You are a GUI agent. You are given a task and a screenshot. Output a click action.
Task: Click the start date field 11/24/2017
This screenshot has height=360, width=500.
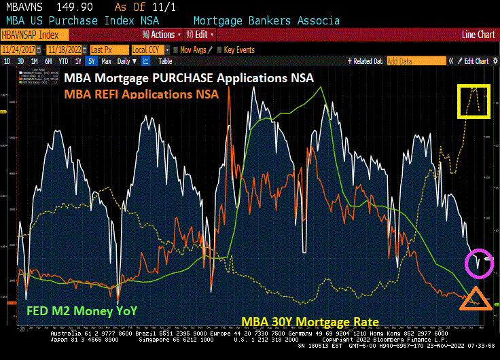[x=18, y=50]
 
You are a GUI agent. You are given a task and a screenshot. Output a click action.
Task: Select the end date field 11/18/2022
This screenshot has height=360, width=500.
[x=65, y=50]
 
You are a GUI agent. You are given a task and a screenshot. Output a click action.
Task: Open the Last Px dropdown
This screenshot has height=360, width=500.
[x=108, y=50]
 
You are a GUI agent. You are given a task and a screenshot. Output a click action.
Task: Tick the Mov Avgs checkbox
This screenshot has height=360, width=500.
[x=175, y=50]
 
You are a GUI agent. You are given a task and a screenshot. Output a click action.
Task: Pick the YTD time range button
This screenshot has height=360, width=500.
[x=63, y=61]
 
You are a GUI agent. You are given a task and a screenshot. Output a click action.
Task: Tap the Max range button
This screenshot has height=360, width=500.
[x=106, y=61]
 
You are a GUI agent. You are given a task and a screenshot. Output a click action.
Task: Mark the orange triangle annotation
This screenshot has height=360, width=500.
[x=475, y=298]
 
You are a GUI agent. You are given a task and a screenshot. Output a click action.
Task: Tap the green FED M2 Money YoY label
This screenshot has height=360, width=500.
[x=82, y=311]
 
